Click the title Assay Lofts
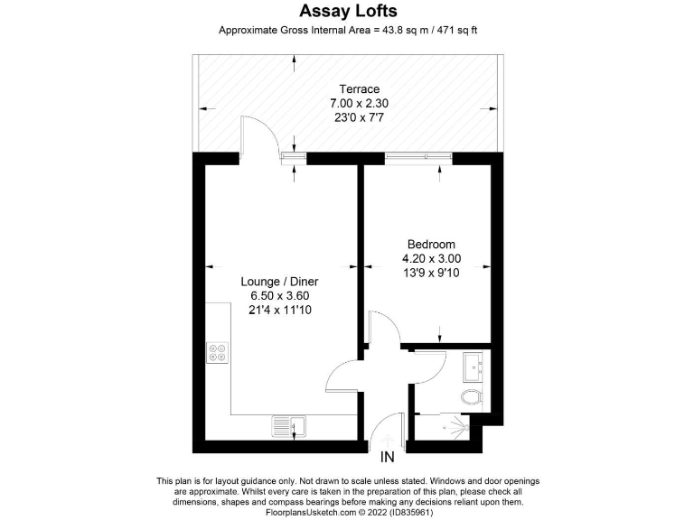point(347,11)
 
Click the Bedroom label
point(431,244)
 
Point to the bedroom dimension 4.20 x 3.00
point(431,258)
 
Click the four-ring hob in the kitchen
point(218,353)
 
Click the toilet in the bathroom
point(472,397)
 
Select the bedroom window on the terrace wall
point(417,157)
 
